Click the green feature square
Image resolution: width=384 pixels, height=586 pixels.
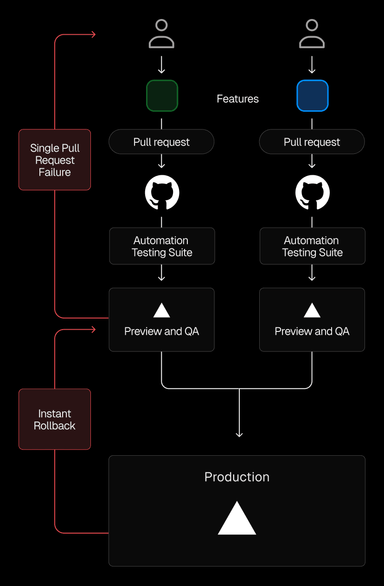pyautogui.click(x=162, y=96)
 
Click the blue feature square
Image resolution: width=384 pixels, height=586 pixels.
pyautogui.click(x=312, y=96)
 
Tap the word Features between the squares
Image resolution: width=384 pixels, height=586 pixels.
pyautogui.click(x=237, y=99)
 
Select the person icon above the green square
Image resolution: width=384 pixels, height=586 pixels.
pyautogui.click(x=161, y=34)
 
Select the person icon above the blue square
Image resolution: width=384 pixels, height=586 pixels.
pyautogui.click(x=312, y=34)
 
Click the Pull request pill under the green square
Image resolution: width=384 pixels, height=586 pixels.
pyautogui.click(x=161, y=142)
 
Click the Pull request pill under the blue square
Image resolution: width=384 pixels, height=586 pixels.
pyautogui.click(x=312, y=142)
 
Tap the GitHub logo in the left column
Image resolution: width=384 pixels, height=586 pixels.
pyautogui.click(x=162, y=192)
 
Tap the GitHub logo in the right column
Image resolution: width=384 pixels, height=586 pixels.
pyautogui.click(x=312, y=192)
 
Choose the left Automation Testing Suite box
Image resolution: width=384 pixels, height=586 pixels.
pyautogui.click(x=162, y=246)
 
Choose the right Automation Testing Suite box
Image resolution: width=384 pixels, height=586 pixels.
pyautogui.click(x=312, y=246)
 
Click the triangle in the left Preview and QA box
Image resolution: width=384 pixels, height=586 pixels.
pyautogui.click(x=161, y=310)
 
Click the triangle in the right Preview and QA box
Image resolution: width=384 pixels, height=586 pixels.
pyautogui.click(x=312, y=310)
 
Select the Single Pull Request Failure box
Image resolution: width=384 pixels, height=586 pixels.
pyautogui.click(x=55, y=160)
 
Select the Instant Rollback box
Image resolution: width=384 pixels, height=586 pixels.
pyautogui.click(x=55, y=419)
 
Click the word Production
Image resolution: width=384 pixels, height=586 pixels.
pyautogui.click(x=237, y=477)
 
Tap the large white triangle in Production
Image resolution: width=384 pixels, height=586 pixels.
pyautogui.click(x=237, y=520)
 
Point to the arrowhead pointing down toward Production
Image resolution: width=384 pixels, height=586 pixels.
pyautogui.click(x=239, y=434)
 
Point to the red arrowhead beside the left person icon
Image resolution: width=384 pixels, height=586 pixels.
pyautogui.click(x=94, y=34)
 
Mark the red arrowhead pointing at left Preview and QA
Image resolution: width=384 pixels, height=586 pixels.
pyautogui.click(x=94, y=330)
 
